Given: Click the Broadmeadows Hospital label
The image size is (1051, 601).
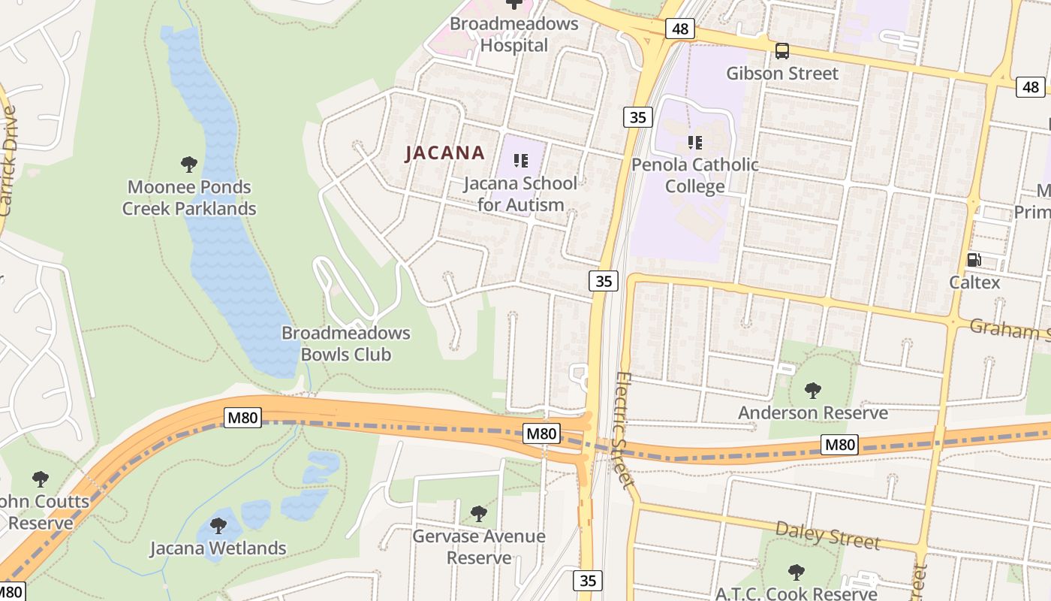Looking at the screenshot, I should tap(514, 35).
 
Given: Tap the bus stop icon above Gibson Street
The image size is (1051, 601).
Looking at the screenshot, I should tap(782, 51).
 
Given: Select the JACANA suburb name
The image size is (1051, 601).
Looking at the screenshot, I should tap(445, 153).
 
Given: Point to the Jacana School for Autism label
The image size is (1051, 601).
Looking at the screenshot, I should tap(520, 194).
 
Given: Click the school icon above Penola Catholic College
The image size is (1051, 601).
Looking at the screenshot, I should tap(695, 142).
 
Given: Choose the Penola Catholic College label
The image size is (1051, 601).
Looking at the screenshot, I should tap(695, 176).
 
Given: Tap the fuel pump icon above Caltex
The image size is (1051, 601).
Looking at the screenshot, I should tap(974, 260).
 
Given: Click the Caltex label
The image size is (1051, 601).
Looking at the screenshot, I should tap(974, 282).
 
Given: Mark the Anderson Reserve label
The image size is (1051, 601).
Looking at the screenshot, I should tap(812, 412).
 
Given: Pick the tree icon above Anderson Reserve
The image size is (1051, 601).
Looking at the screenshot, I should tap(812, 390).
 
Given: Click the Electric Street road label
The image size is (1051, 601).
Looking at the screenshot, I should tap(623, 430).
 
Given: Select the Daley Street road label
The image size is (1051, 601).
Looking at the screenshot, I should tap(827, 535).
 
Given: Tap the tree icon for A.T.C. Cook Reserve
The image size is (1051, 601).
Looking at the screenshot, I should tap(797, 572).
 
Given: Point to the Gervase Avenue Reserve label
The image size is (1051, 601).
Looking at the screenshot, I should tap(479, 547).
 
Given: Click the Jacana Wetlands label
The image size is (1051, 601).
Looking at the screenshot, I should tap(218, 548).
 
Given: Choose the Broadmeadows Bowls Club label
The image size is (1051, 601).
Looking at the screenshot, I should tap(346, 343).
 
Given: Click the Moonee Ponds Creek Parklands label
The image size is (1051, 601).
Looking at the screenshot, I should tap(189, 198).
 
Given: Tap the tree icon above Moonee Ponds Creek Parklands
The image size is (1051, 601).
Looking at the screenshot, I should tap(189, 164).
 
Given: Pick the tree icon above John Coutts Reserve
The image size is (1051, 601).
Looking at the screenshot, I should tap(41, 479).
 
